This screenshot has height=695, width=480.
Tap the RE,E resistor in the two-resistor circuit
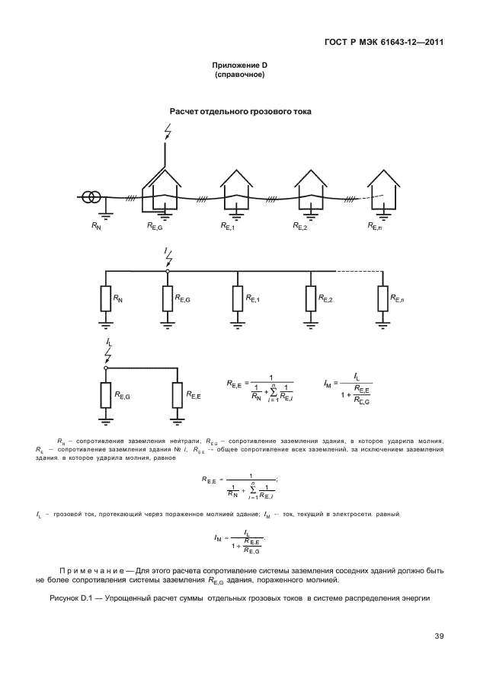click(177, 395)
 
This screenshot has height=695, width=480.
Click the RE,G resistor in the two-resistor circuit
click(105, 395)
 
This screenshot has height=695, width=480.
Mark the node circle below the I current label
click(168, 270)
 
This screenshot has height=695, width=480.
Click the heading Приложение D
click(239, 67)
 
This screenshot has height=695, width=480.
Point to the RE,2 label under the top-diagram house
click(300, 227)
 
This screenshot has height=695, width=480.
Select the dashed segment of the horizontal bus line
click(357, 270)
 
